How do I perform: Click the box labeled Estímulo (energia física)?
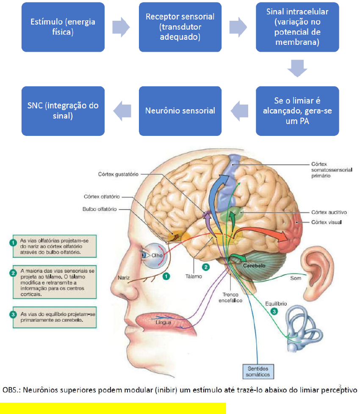pyautogui.click(x=63, y=27)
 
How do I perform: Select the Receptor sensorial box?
pyautogui.click(x=180, y=27)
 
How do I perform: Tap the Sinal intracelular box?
pyautogui.click(x=297, y=27)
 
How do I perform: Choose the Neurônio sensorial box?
pyautogui.click(x=180, y=111)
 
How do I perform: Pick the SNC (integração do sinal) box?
pyautogui.click(x=63, y=111)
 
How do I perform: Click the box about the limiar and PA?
pyautogui.click(x=297, y=111)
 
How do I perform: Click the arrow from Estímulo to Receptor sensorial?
pyautogui.click(x=121, y=26)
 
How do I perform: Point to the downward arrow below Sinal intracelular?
pyautogui.click(x=297, y=68)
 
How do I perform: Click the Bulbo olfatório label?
pyautogui.click(x=100, y=209)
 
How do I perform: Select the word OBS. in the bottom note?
pyautogui.click(x=10, y=389)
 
